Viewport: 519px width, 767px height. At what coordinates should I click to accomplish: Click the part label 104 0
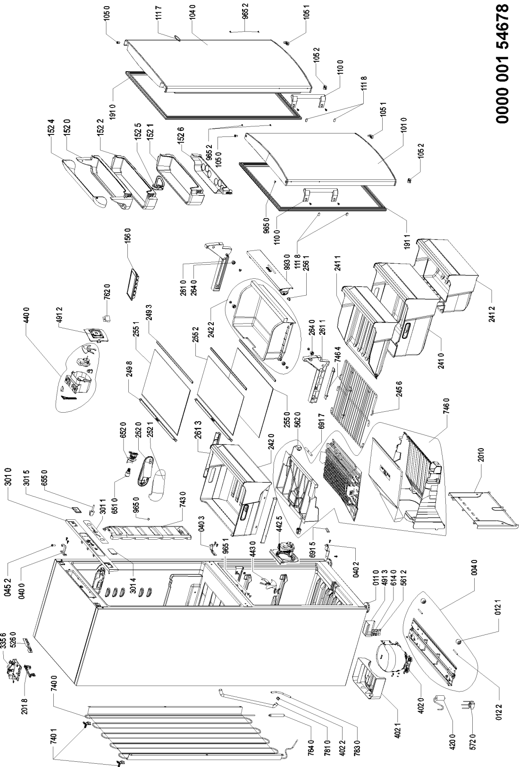193,14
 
